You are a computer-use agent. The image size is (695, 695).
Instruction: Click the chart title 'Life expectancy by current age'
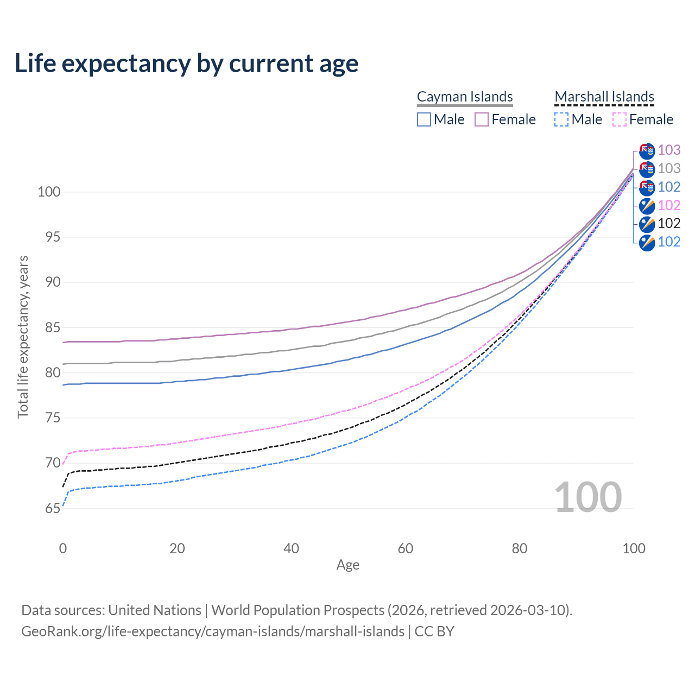186,64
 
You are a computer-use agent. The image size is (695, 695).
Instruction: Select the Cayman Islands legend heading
465,97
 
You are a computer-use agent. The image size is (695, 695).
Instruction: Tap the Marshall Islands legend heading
604,97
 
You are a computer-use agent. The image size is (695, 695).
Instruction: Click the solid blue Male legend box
424,119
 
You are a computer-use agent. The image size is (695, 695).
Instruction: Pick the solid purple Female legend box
482,119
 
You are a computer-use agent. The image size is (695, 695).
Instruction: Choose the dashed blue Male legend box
561,119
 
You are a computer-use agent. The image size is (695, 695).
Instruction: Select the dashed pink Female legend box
620,119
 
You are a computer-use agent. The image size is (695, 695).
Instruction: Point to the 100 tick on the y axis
48,192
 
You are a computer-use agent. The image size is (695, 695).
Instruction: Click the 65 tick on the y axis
53,508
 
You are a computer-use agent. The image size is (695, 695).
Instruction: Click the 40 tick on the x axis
291,548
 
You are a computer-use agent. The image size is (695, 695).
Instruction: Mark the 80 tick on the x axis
520,548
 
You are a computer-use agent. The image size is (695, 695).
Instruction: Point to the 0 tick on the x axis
63,548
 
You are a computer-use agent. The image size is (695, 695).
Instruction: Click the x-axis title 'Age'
347,565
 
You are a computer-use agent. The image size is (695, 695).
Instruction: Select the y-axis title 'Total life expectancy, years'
23,337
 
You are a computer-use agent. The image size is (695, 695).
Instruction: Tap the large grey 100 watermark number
588,497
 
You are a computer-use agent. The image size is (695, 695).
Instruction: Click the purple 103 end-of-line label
669,150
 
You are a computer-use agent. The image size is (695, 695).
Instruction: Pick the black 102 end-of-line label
669,223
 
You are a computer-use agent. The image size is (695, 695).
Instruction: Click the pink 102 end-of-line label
669,205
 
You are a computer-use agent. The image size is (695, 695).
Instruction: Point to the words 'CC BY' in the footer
434,631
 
